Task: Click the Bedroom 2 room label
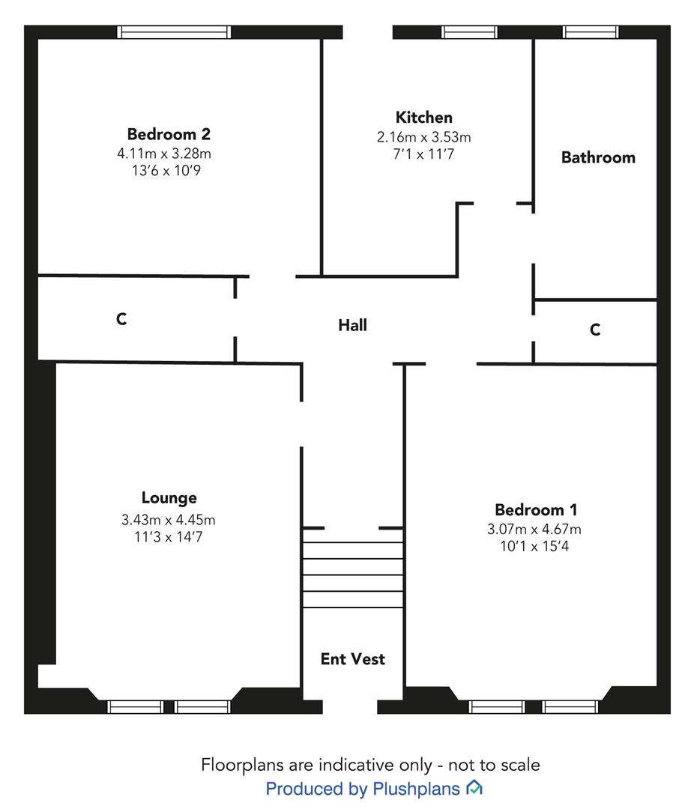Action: [169, 134]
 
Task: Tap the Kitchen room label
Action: [423, 118]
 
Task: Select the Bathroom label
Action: [598, 157]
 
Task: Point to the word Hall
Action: [352, 325]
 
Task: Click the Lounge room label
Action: [169, 498]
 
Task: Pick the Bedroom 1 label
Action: [536, 510]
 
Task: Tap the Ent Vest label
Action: [352, 659]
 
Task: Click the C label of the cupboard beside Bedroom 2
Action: [121, 319]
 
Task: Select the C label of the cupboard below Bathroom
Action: [595, 330]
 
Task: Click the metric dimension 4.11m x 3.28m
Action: [164, 154]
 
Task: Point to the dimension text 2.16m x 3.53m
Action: [423, 137]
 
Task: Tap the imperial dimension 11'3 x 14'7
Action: [168, 537]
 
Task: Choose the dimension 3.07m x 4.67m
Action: [534, 530]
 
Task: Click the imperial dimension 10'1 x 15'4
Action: [534, 546]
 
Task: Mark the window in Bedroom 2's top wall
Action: [174, 32]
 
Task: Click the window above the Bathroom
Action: [591, 32]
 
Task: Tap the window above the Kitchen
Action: [469, 32]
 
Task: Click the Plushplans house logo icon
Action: [474, 788]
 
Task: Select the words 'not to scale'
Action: [494, 765]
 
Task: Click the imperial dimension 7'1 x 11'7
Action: [423, 154]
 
